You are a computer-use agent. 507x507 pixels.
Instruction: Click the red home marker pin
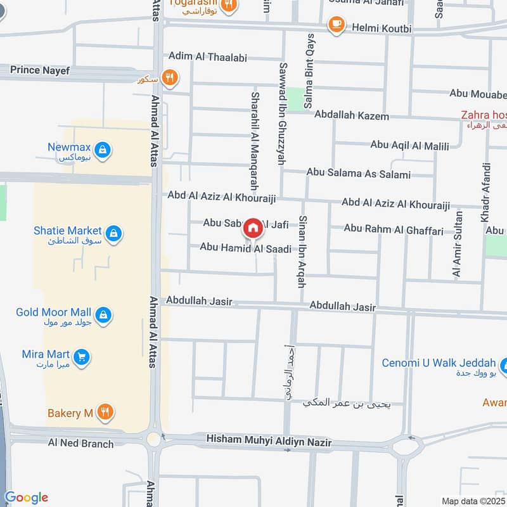pos(253,228)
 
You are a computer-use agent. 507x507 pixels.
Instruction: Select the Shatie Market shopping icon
pos(114,234)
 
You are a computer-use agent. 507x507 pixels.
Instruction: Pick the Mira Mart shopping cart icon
pos(80,357)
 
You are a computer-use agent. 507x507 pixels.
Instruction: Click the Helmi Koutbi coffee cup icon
pos(335,25)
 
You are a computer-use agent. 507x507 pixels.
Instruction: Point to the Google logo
pos(26,498)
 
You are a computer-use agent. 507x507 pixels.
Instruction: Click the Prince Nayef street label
pos(40,70)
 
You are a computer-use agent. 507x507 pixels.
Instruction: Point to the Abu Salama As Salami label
pos(358,174)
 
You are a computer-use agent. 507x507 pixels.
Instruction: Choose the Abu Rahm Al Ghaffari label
pos(394,229)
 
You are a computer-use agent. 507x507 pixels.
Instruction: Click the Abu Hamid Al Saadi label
pos(246,248)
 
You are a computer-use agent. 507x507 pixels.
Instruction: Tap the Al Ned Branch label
pos(80,443)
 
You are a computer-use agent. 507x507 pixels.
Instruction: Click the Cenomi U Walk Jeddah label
pos(439,363)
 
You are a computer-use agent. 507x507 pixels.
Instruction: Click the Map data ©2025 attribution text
pos(472,501)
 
